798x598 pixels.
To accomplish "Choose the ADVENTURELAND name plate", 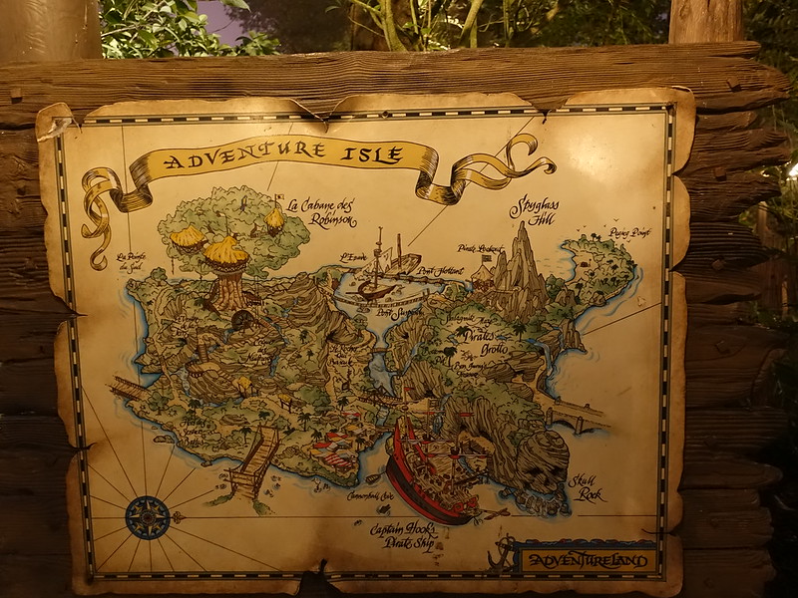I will [x=588, y=560].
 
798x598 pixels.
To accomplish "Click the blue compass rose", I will [x=148, y=517].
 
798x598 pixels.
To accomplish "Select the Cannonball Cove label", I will [x=369, y=495].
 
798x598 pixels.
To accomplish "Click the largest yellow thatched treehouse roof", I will [x=226, y=252].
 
